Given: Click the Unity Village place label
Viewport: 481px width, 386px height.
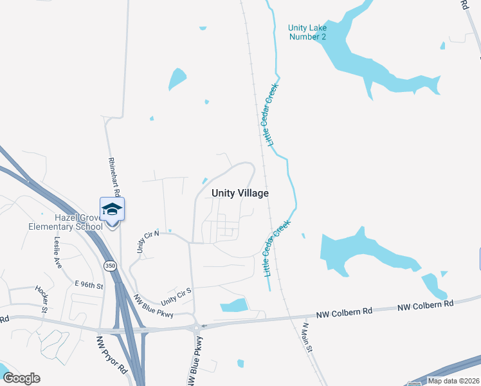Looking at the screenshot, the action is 240,193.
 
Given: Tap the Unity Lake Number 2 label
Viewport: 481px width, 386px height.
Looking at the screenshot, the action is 307,32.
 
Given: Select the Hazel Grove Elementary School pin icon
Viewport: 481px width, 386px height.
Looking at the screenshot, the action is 112,210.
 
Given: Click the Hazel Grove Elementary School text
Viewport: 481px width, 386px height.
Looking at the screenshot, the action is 66,222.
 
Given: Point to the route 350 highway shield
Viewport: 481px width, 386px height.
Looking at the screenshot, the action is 111,266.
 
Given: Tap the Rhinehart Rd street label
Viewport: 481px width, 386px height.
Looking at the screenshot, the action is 113,176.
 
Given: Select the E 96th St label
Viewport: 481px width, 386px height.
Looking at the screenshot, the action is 89,284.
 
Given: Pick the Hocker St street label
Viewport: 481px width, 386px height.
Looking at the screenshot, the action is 42,297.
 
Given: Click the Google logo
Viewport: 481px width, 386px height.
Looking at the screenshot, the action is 21,378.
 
